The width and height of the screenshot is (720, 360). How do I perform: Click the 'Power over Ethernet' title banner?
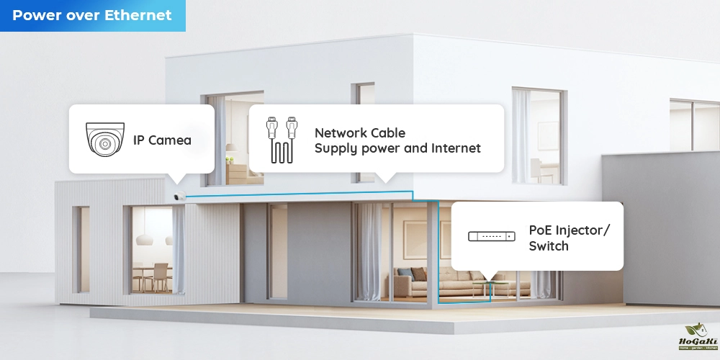click(x=92, y=15)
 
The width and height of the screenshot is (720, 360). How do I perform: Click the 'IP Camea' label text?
click(x=162, y=140)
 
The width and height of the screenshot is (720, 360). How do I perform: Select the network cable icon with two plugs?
click(x=282, y=139)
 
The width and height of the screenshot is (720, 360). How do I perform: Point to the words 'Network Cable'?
click(x=359, y=133)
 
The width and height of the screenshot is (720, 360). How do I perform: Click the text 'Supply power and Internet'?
click(x=397, y=149)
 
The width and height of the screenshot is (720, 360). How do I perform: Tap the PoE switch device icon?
click(x=492, y=236)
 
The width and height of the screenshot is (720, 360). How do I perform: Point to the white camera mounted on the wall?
click(x=179, y=197)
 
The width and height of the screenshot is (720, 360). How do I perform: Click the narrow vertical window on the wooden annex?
click(x=81, y=249)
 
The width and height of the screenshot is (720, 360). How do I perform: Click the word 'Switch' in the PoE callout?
click(x=549, y=246)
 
